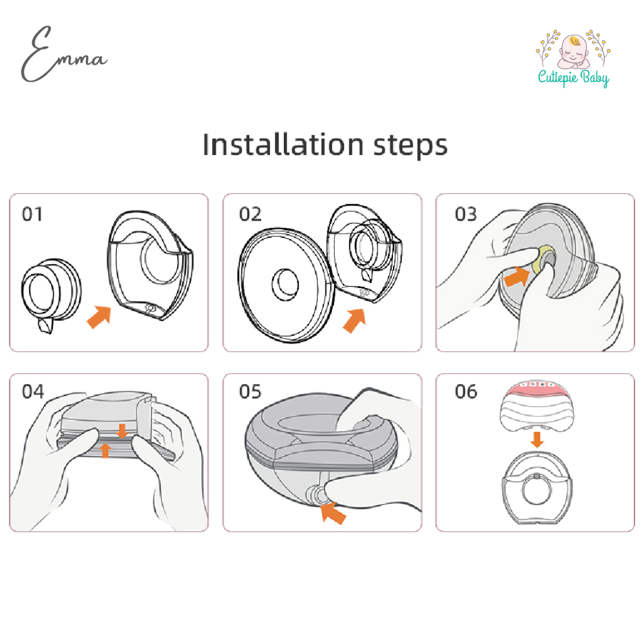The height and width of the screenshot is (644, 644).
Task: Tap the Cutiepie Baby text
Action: pyautogui.click(x=572, y=77)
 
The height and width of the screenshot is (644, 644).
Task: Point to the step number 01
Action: pyautogui.click(x=33, y=214)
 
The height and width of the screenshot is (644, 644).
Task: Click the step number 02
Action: pyautogui.click(x=250, y=214)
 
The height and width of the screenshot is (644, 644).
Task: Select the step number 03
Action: pyautogui.click(x=466, y=214)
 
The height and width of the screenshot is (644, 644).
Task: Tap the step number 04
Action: pyautogui.click(x=33, y=392)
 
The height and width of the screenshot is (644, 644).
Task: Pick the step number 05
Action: pyautogui.click(x=250, y=392)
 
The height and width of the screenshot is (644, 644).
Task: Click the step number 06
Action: pyautogui.click(x=466, y=392)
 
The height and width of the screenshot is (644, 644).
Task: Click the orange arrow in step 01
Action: pyautogui.click(x=100, y=317)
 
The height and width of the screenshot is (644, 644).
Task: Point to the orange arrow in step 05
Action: pyautogui.click(x=332, y=511)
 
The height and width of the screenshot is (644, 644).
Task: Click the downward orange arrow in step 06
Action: pyautogui.click(x=537, y=439)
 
